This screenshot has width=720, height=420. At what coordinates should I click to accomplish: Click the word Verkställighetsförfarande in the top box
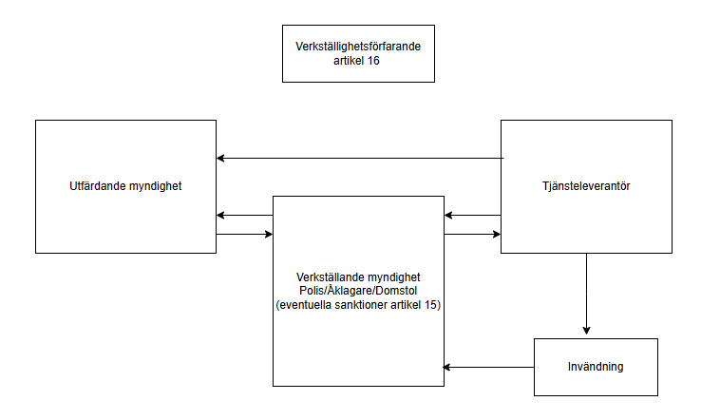pyautogui.click(x=357, y=47)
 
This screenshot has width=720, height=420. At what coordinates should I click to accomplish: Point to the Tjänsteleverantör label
pyautogui.click(x=587, y=186)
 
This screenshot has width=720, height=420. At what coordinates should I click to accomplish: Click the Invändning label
pyautogui.click(x=596, y=367)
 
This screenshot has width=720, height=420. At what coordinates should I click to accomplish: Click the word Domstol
pyautogui.click(x=398, y=291)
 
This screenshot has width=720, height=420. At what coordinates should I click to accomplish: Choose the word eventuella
pyautogui.click(x=305, y=304)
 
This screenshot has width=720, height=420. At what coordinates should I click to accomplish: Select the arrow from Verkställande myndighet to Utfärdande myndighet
pyautogui.click(x=244, y=216)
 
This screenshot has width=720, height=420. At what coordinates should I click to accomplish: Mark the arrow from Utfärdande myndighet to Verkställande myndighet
pyautogui.click(x=244, y=234)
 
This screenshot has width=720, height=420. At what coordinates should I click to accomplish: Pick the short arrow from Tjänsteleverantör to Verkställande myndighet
pyautogui.click(x=472, y=216)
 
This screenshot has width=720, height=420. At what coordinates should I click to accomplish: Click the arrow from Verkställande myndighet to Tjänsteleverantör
pyautogui.click(x=472, y=234)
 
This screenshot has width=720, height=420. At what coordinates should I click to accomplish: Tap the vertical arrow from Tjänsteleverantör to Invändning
pyautogui.click(x=586, y=295)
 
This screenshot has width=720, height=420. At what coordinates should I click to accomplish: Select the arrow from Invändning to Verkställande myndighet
pyautogui.click(x=488, y=367)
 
